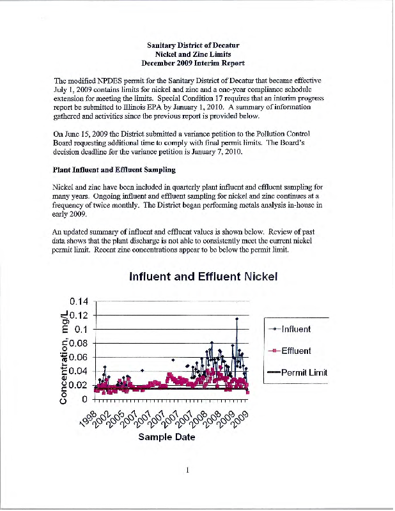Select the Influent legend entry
pos(295,329)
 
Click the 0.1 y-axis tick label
pos(84,330)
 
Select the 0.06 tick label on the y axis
pos(80,358)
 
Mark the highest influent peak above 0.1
pos(236,318)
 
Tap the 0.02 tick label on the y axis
pos(80,385)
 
